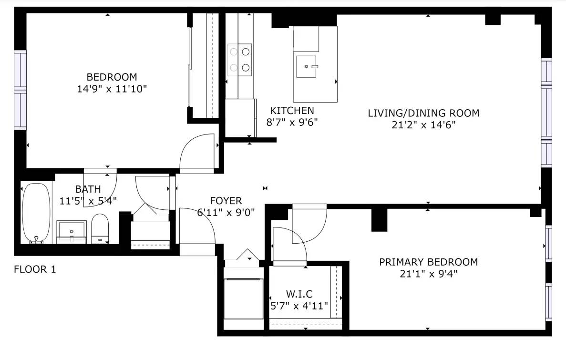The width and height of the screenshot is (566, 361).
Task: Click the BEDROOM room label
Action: (x=112, y=77)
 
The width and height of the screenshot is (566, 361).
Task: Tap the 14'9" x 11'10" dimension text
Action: (x=112, y=89)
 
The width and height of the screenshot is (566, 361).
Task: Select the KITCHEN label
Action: (x=292, y=111)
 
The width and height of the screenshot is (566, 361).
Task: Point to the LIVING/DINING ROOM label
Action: (x=424, y=113)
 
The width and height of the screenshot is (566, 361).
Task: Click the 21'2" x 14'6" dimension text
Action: (x=424, y=125)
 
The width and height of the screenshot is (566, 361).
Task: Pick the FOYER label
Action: (x=226, y=201)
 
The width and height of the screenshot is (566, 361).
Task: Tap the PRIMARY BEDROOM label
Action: (x=429, y=262)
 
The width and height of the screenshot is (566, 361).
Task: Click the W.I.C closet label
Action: (x=299, y=294)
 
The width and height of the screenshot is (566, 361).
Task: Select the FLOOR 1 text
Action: (x=35, y=269)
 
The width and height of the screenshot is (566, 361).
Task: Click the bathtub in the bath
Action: (x=36, y=213)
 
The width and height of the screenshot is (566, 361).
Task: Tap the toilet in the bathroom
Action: (x=100, y=228)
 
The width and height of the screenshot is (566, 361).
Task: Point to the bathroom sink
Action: (x=72, y=232)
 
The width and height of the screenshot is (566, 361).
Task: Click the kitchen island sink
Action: (x=307, y=66)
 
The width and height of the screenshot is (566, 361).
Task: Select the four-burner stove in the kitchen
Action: (x=240, y=60)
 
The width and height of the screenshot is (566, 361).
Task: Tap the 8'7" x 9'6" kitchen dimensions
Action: (x=292, y=123)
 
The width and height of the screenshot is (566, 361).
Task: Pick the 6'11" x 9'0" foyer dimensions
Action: (x=226, y=212)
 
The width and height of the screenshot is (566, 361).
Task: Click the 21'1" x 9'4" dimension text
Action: (x=429, y=274)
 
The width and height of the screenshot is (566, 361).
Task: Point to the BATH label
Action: (x=88, y=189)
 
